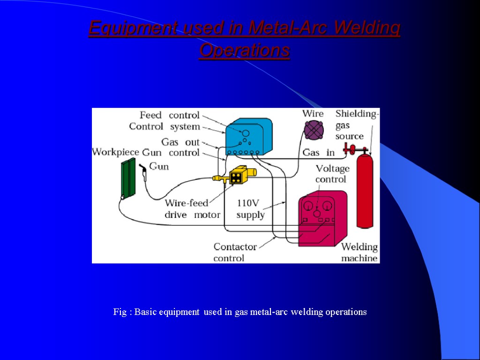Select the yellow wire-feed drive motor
click(238, 175)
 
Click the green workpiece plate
click(128, 178)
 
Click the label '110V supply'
click(250, 209)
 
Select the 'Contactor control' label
click(235, 252)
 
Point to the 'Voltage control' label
click(332, 174)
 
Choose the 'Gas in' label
click(319, 152)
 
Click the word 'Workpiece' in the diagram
click(115, 152)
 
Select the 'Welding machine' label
click(359, 253)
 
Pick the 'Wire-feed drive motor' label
click(192, 209)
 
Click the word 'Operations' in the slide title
click(244, 50)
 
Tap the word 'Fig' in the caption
click(120, 312)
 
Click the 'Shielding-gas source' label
click(355, 125)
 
